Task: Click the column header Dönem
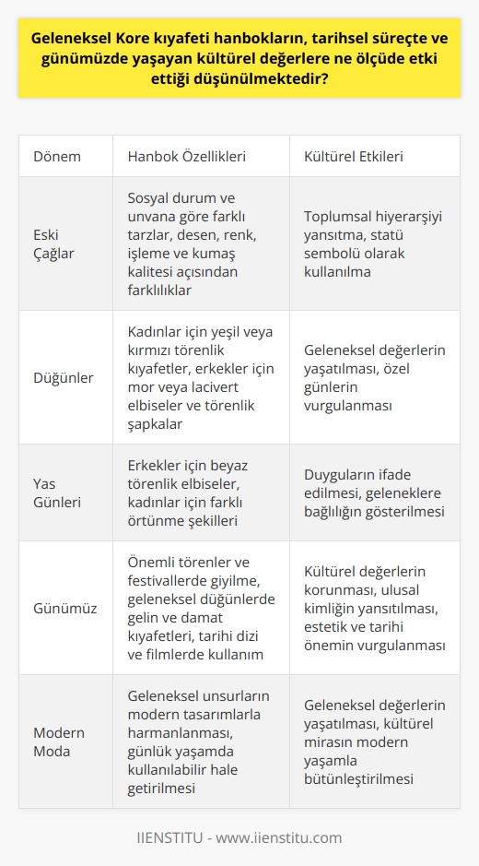coord(56,156)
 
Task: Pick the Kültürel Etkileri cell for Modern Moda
coord(372,741)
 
